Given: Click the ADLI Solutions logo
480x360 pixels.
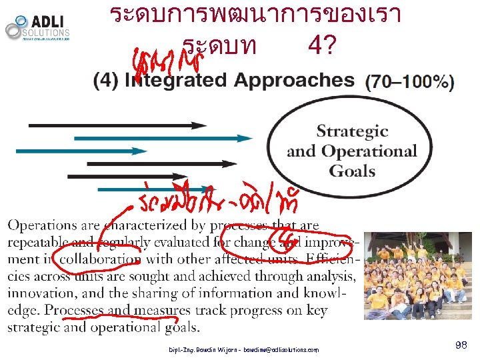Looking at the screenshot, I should pos(37,27).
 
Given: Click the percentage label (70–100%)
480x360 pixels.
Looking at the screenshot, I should pos(410,83).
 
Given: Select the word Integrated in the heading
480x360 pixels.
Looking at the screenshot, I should pos(173,81).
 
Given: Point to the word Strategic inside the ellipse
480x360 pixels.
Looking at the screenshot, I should pos(352,131).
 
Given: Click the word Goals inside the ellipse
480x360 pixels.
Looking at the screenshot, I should pos(352,171).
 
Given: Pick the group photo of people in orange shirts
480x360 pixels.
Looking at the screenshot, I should pos(417,275).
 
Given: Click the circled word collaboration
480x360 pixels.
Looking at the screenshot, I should pos(100,259).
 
